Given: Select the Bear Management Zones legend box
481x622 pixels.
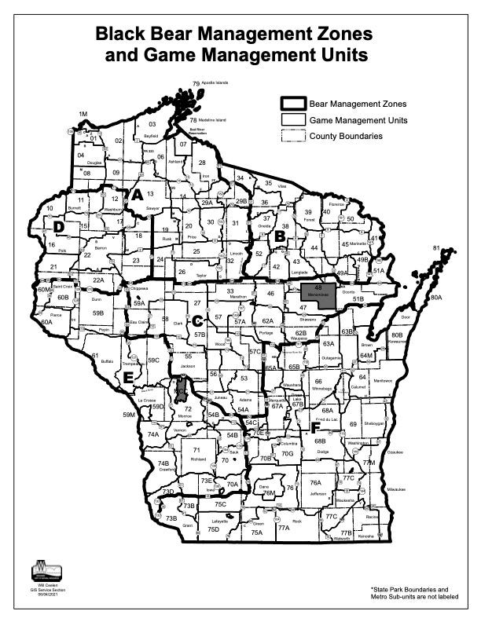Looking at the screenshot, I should (x=292, y=103).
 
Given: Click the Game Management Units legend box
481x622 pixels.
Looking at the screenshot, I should (x=292, y=119).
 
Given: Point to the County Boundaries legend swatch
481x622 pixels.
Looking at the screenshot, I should (x=292, y=136).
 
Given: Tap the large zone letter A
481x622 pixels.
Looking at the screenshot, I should (x=136, y=195).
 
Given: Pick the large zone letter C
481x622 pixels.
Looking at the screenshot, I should (x=197, y=320).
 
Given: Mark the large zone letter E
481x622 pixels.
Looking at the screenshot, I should (x=128, y=375).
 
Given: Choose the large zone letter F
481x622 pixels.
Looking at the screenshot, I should (x=314, y=429).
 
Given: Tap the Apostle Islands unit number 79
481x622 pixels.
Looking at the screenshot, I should (x=196, y=82).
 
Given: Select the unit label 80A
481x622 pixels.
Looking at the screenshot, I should (x=436, y=298).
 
